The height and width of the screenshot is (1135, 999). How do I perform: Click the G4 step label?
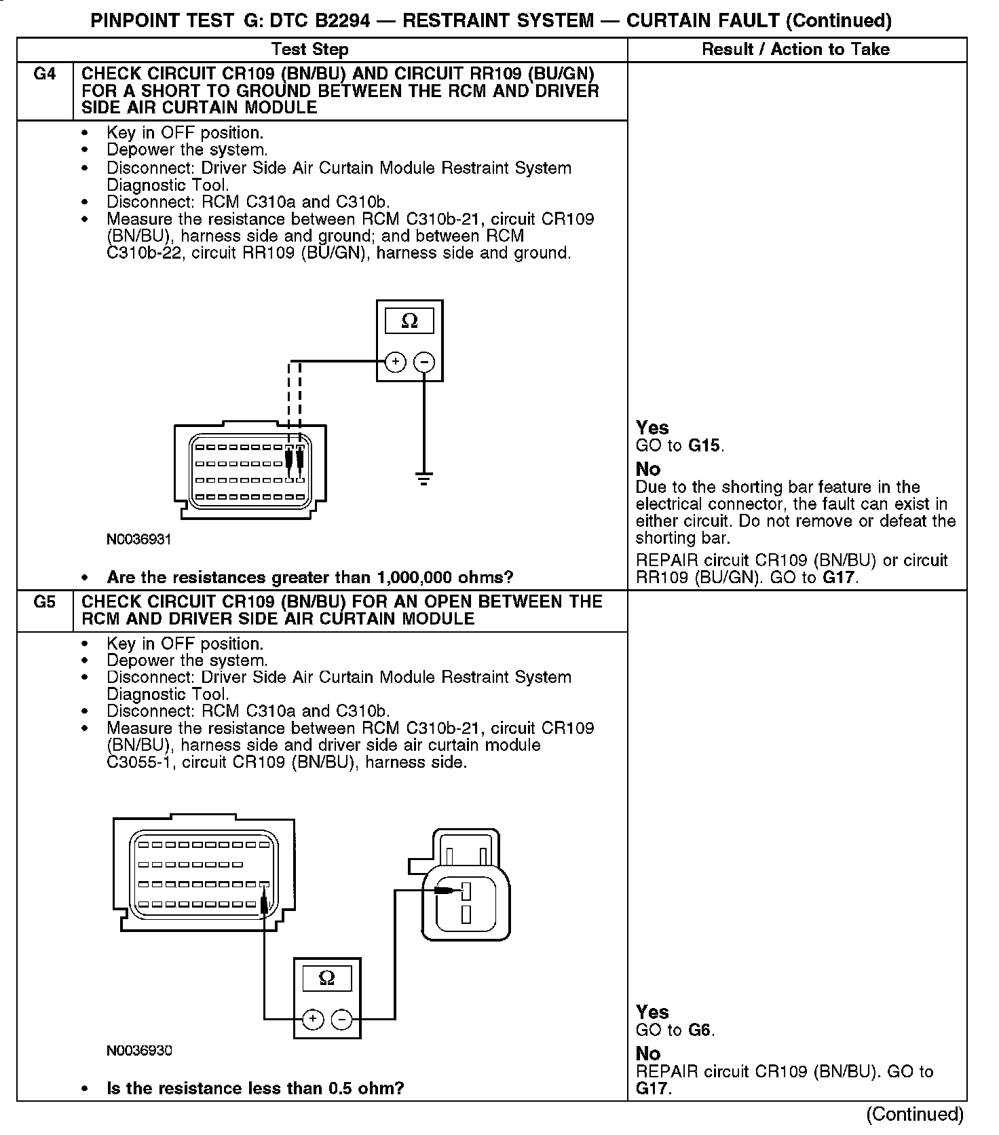44,74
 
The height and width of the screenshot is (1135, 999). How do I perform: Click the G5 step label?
44,602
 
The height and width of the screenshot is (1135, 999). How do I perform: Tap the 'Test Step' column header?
310,50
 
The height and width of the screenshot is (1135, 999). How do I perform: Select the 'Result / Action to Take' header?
796,50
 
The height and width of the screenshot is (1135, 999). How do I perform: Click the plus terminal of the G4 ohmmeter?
396,362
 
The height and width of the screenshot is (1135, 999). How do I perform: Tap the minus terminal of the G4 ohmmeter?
424,362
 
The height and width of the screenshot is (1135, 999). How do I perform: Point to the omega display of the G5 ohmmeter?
327,978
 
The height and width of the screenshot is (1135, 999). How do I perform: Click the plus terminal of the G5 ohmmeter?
312,1019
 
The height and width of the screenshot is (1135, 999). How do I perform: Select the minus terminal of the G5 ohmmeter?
341,1019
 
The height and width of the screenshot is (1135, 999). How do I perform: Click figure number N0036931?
138,540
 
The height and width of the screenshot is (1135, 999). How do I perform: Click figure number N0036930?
138,1050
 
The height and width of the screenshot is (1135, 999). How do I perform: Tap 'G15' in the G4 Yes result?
705,446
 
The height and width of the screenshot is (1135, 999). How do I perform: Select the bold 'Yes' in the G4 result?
652,428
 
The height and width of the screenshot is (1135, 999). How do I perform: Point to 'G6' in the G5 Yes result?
700,1030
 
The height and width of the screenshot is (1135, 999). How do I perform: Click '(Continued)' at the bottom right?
915,1114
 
